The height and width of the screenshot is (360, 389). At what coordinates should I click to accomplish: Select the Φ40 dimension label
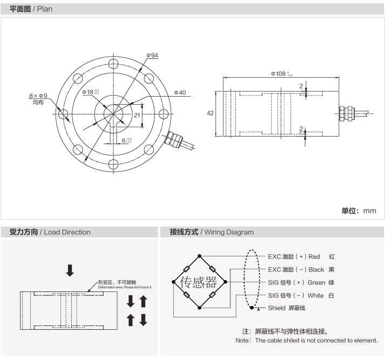[x=180, y=93]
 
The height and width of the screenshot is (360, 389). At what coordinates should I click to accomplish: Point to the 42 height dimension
[x=210, y=113]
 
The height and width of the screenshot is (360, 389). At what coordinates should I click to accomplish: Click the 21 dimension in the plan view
[x=137, y=115]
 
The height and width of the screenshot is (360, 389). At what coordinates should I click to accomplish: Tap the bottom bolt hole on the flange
[x=114, y=165]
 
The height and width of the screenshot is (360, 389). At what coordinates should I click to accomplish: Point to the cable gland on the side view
[x=344, y=113]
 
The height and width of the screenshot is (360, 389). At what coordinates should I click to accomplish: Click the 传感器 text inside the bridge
[x=198, y=282]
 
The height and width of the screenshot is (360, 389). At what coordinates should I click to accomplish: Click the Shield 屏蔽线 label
[x=286, y=308]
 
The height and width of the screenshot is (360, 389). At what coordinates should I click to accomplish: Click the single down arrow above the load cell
[x=70, y=270]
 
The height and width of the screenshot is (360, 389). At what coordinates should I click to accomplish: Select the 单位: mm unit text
[x=358, y=210]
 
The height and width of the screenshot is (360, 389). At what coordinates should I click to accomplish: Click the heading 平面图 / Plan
[x=31, y=9]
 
